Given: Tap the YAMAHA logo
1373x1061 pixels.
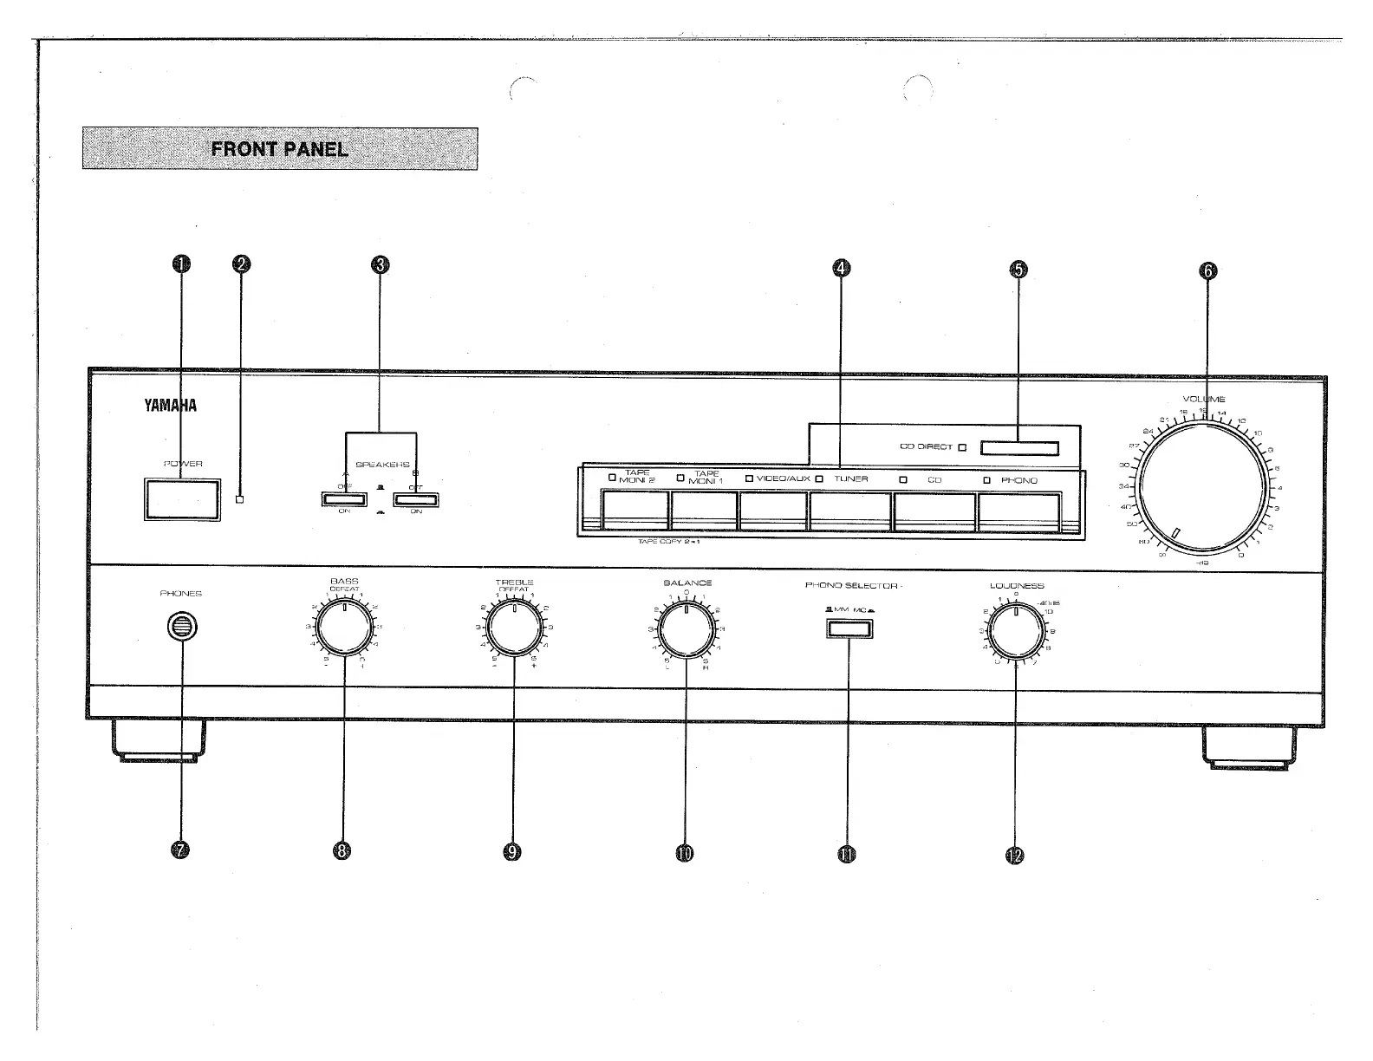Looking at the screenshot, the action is coord(170,405).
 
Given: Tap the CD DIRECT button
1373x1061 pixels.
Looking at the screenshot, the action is coord(1019,448).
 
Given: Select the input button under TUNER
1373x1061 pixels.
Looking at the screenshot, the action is coord(849,511).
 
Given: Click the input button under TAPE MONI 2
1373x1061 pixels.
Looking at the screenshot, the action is coord(634,511).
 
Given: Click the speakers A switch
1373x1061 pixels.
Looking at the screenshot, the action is coord(344,498).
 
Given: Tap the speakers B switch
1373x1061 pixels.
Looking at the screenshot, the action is coord(415,498).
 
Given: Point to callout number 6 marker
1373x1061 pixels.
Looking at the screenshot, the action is coord(1207,270).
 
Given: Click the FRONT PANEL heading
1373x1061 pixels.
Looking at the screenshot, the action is coord(280,149).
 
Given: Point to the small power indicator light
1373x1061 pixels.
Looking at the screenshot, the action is coord(240,498).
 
